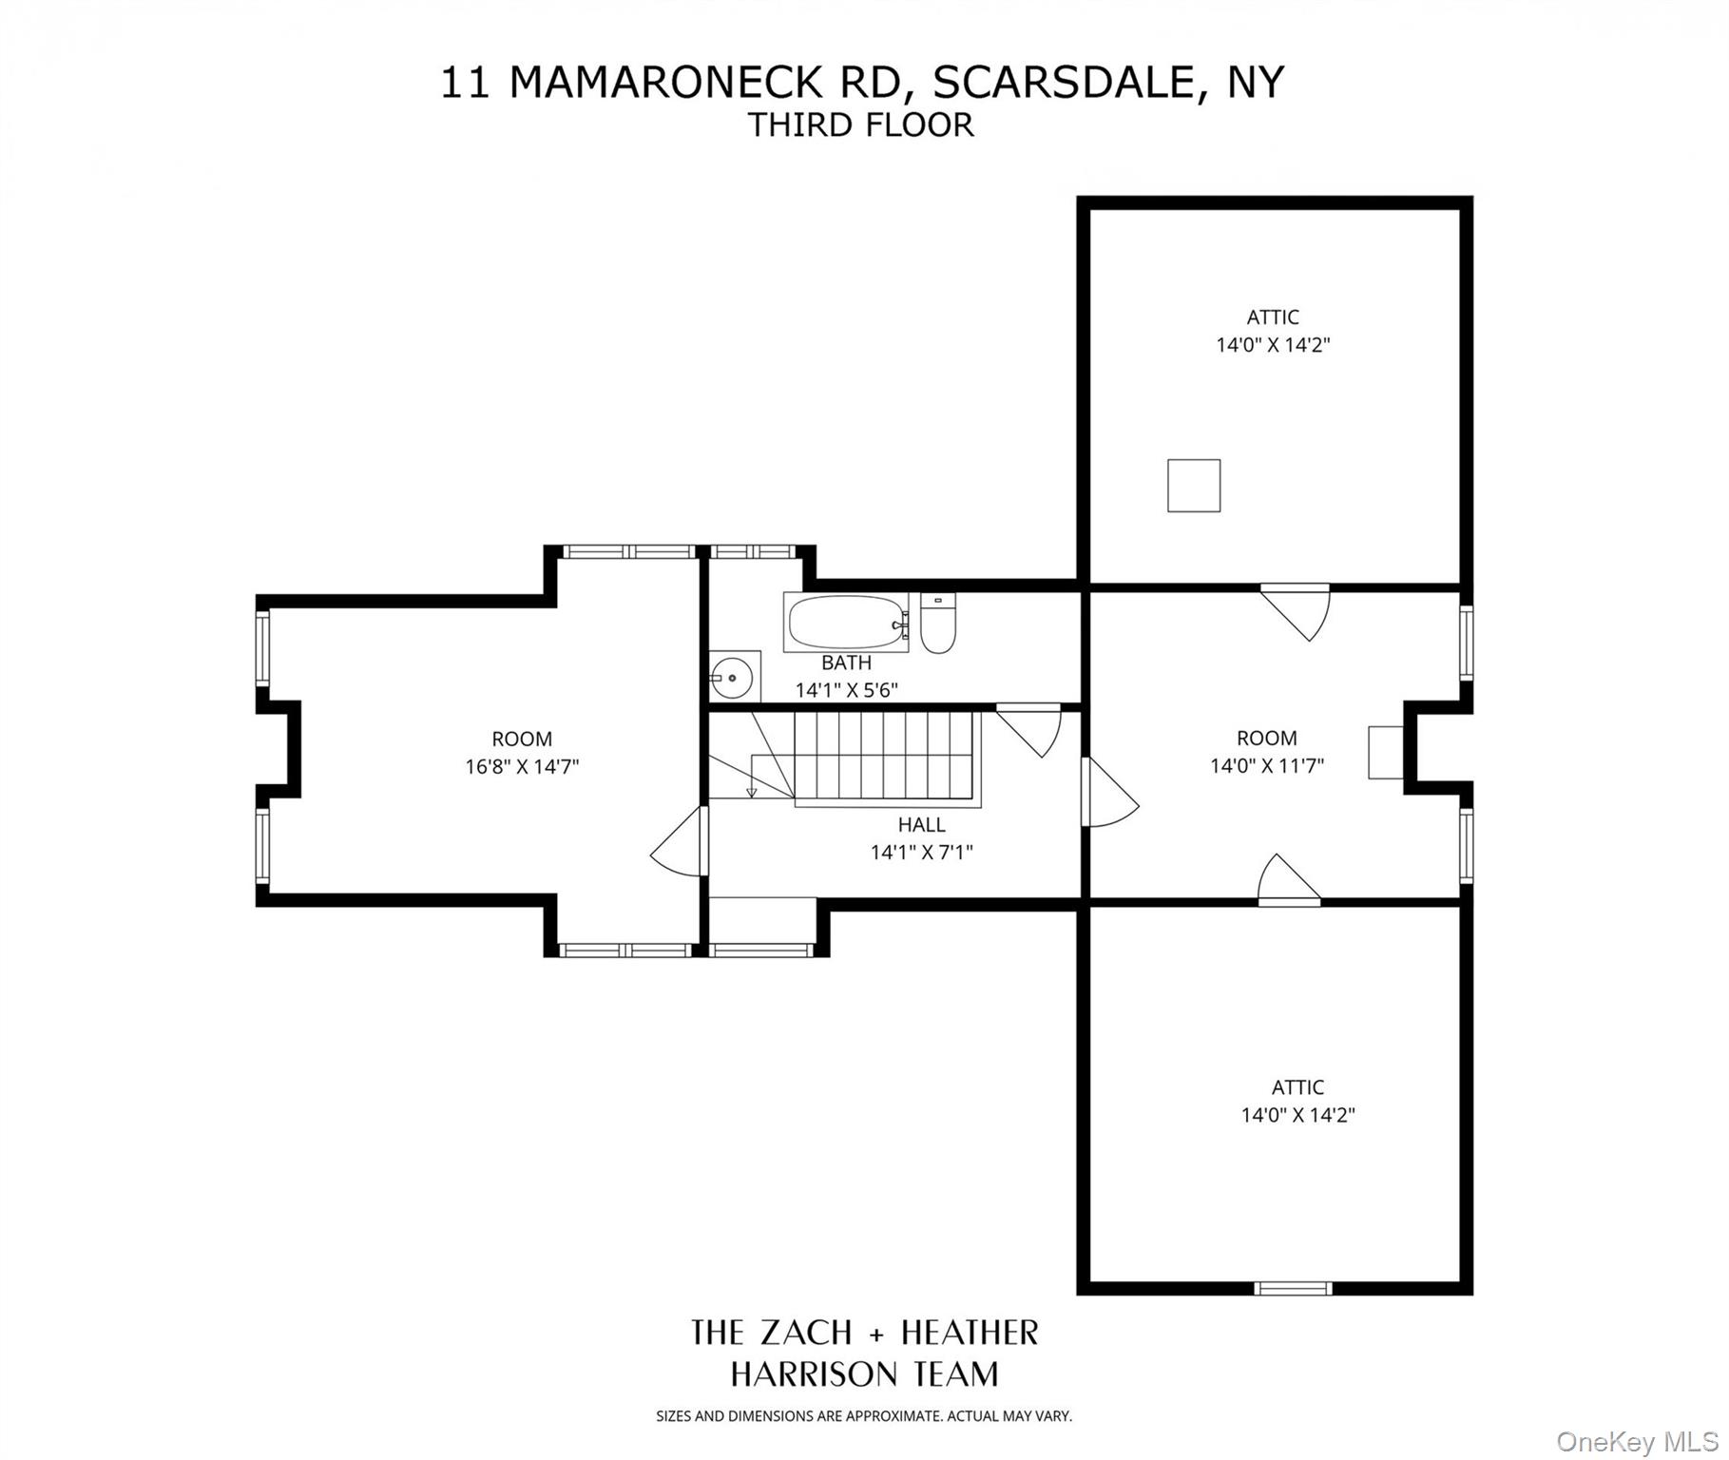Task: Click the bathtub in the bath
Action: coord(845,623)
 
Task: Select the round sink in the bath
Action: coord(733,677)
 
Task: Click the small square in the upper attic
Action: coord(1193,485)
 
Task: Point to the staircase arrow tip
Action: coord(751,793)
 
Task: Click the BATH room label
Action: coord(845,663)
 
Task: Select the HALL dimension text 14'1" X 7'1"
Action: coord(921,853)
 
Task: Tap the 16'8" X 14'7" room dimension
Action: coord(521,766)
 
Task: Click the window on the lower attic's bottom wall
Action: coord(1292,1288)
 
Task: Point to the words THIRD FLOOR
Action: coord(860,125)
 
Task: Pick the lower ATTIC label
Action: coord(1297,1086)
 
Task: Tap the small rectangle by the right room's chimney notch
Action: coord(1385,752)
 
